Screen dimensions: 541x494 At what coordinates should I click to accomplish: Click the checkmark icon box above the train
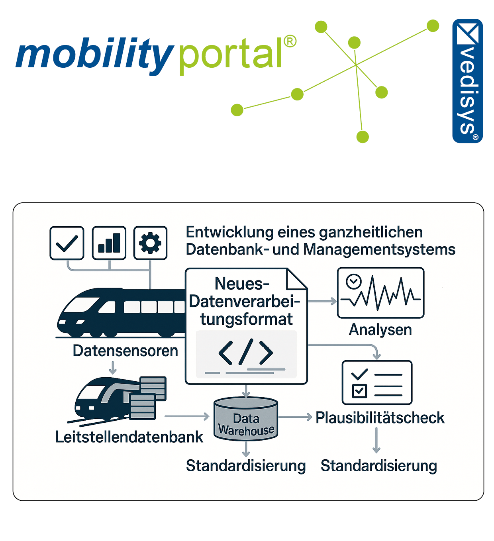[x=67, y=243]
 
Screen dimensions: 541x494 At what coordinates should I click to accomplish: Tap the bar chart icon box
[x=109, y=243]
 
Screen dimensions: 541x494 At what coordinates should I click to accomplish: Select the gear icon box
[x=150, y=243]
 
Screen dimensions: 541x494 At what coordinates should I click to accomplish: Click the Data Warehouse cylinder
[x=246, y=419]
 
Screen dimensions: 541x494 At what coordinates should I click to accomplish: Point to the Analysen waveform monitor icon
[x=380, y=293]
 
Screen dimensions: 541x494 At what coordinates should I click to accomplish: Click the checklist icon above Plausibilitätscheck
[x=377, y=382]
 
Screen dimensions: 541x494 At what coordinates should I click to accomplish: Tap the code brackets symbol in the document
[x=246, y=352]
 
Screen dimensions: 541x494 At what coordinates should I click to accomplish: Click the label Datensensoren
[x=125, y=351]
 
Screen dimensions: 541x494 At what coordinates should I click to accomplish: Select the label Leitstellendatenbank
[x=129, y=437]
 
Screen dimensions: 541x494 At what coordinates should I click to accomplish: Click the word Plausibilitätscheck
[x=380, y=418]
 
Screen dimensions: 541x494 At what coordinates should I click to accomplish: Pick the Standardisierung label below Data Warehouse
[x=246, y=466]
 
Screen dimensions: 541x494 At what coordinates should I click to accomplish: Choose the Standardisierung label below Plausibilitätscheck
[x=378, y=466]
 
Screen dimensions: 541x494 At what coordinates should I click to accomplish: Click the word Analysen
[x=380, y=330]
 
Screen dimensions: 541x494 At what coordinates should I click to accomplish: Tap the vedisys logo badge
[x=468, y=81]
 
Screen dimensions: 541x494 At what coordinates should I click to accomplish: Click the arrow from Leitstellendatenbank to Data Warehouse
[x=187, y=417]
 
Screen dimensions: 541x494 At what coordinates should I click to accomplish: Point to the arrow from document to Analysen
[x=322, y=302]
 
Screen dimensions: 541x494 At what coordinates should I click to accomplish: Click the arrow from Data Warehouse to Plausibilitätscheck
[x=295, y=417]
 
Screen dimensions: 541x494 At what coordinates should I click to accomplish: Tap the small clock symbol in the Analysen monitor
[x=353, y=281]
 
